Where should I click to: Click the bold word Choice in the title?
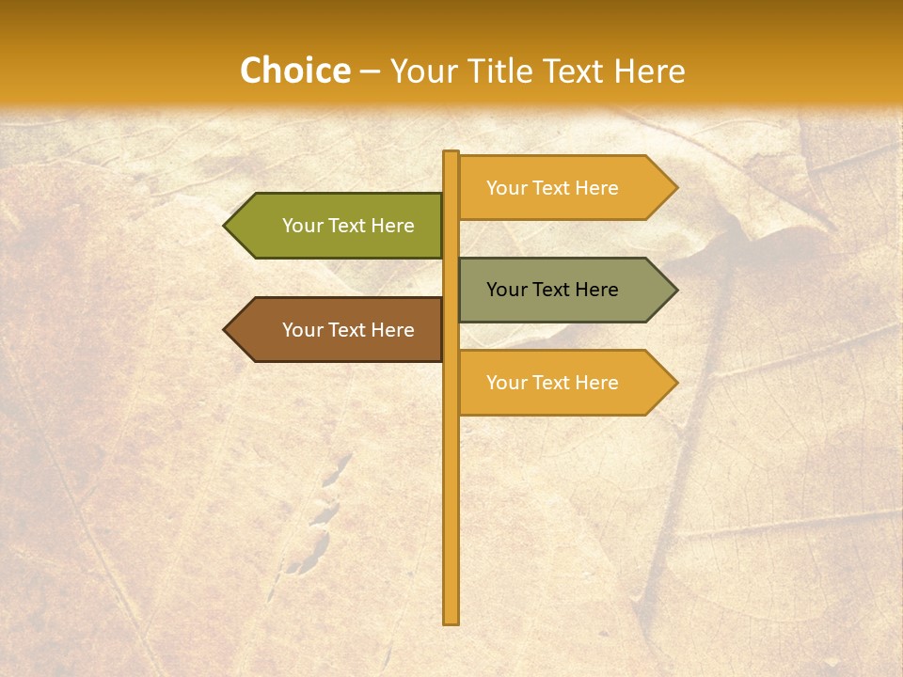pyautogui.click(x=294, y=71)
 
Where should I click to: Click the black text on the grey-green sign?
pyautogui.click(x=552, y=290)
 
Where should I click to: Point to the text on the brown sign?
pyautogui.click(x=348, y=330)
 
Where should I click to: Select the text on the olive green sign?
pyautogui.click(x=348, y=226)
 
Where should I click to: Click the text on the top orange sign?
pyautogui.click(x=552, y=188)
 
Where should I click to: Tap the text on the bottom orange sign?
pyautogui.click(x=552, y=383)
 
